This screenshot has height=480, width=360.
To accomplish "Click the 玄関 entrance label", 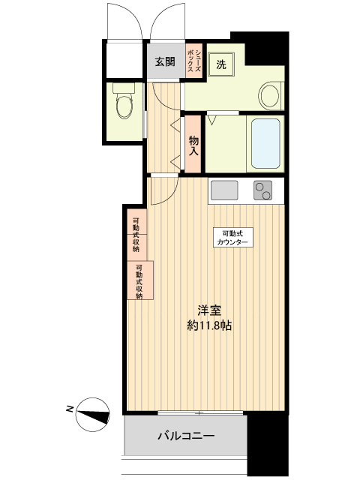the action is [165, 62].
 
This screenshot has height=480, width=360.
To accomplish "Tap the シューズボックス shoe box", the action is [194, 61].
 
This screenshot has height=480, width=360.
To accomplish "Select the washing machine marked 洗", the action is [221, 64].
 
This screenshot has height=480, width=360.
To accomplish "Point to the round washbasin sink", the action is [269, 95].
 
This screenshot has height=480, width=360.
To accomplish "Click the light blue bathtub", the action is [265, 144].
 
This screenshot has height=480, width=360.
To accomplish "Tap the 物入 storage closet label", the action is [193, 145].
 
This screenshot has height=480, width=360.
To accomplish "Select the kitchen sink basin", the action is [224, 190].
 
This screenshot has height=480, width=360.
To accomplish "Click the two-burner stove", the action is [263, 190].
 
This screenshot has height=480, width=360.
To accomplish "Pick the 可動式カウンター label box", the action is [232, 238].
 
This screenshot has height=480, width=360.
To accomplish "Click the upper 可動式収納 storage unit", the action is [136, 234].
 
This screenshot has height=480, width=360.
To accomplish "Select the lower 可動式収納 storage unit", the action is [140, 280].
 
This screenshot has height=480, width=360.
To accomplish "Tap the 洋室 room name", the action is [208, 310].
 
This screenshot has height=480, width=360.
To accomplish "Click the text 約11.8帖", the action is [209, 325].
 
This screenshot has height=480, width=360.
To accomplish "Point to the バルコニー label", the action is [186, 435].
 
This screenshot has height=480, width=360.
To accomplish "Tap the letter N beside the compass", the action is [70, 409].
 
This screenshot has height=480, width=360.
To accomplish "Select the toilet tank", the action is [124, 88].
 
